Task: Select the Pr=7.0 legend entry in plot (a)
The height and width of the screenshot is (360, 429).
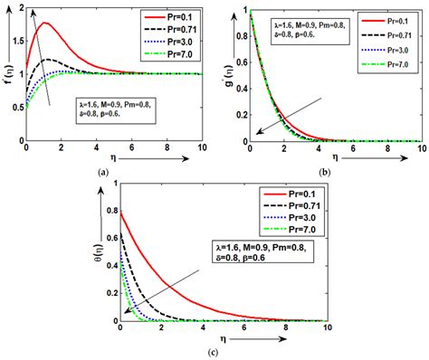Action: pyautogui.click(x=172, y=55)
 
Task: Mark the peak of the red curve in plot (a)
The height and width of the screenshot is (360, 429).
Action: pyautogui.click(x=44, y=23)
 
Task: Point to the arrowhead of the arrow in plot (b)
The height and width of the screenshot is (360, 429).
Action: pyautogui.click(x=258, y=133)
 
